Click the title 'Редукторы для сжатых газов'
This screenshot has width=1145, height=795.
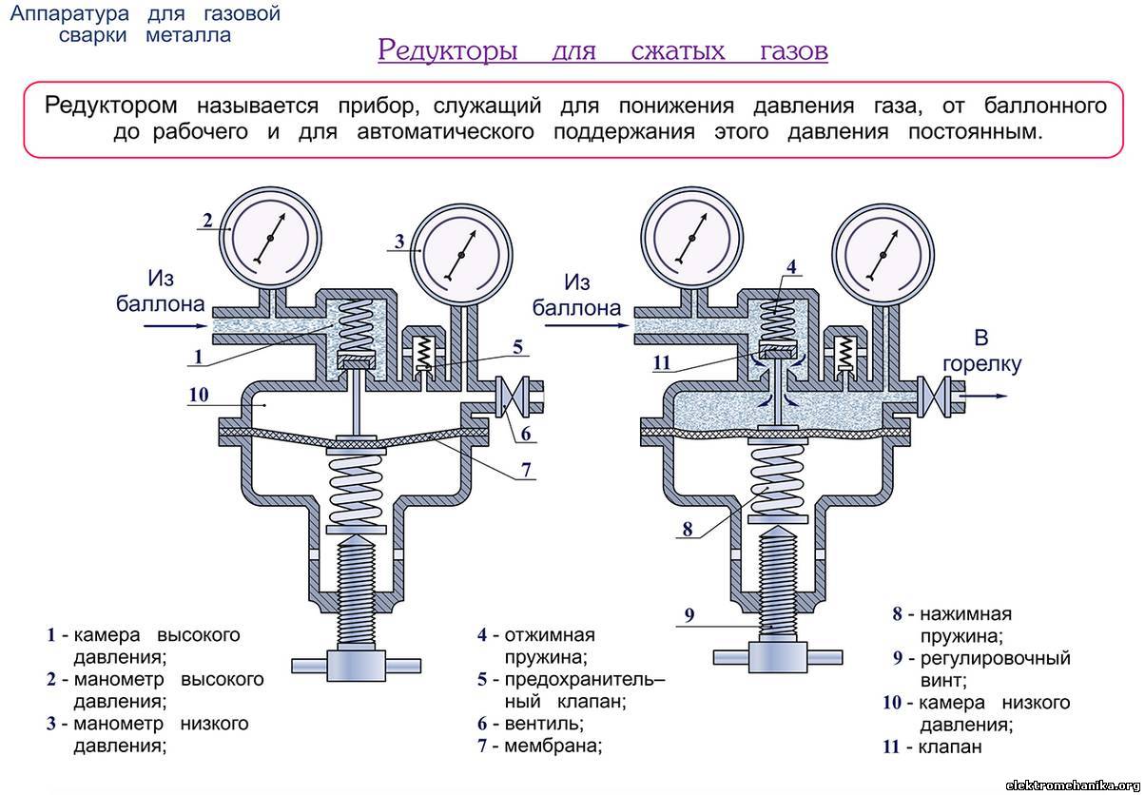[x=602, y=50]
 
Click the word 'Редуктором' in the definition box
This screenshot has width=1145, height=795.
[x=107, y=105]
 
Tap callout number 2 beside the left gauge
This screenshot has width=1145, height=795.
[x=205, y=221]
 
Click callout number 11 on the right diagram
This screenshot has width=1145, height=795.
[x=663, y=361]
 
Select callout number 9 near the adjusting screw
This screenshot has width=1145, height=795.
[x=690, y=615]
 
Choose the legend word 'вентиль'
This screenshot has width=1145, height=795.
[x=545, y=724]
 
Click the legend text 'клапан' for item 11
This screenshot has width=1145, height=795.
[x=950, y=747]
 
